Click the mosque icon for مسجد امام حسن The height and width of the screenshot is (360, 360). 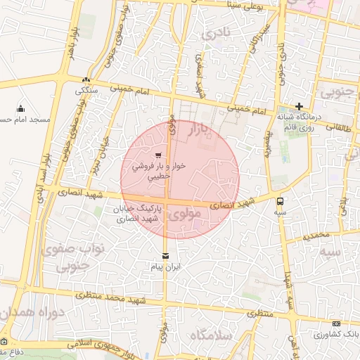(20, 108)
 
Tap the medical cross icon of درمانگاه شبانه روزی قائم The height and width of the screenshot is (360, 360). (299, 105)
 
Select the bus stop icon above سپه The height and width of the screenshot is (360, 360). (281, 199)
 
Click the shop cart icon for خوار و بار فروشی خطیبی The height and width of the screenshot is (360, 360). (158, 155)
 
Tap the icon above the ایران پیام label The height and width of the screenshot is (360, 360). (165, 255)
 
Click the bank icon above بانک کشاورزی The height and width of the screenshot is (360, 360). (334, 323)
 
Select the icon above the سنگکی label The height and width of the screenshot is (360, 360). (86, 80)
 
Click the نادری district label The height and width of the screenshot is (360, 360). (215, 33)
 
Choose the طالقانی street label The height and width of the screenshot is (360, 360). (342, 127)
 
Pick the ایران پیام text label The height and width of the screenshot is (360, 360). (166, 268)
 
